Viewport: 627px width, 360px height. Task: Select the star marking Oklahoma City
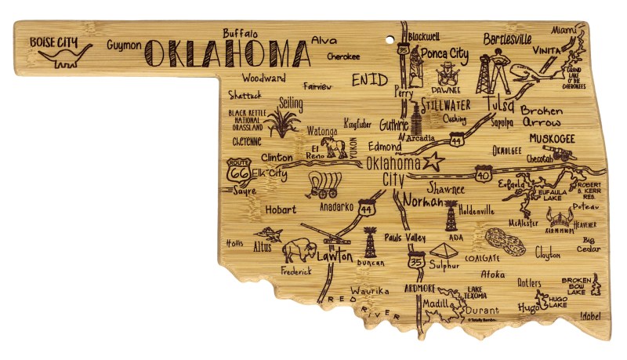tap(433, 163)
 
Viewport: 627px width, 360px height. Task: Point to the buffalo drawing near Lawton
tap(299, 251)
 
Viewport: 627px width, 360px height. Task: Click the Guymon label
tap(124, 45)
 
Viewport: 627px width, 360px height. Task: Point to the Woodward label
tap(263, 78)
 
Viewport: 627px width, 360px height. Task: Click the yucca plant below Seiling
tap(281, 123)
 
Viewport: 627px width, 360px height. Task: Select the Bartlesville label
tap(507, 38)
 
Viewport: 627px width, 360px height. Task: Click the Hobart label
tap(280, 209)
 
